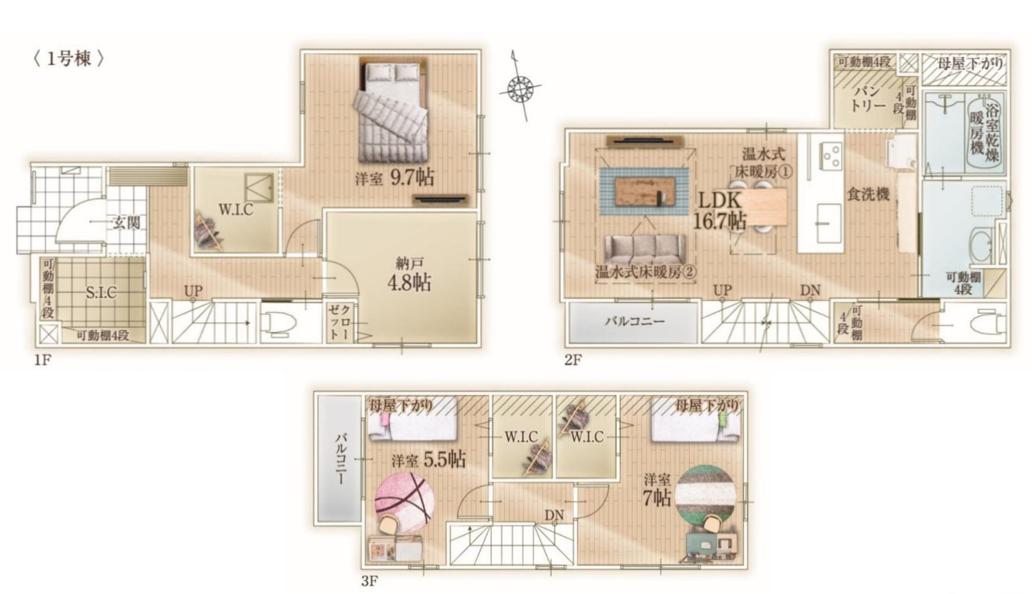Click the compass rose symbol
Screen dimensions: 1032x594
coord(520,86)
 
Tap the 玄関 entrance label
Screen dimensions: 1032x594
coord(126,223)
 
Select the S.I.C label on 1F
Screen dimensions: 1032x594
coord(101,293)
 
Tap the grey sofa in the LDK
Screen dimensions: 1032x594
coord(644,250)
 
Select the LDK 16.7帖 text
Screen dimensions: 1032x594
coord(720,210)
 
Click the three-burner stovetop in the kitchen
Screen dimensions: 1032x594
coord(830,156)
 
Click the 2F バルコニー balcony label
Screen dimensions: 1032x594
coord(634,321)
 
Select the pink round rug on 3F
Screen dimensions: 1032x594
coord(404,502)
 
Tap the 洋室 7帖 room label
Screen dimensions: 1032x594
coord(657,490)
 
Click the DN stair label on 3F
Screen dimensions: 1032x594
coord(554,515)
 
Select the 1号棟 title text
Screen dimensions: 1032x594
coord(69,59)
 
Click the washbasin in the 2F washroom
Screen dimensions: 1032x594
coord(981,244)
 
